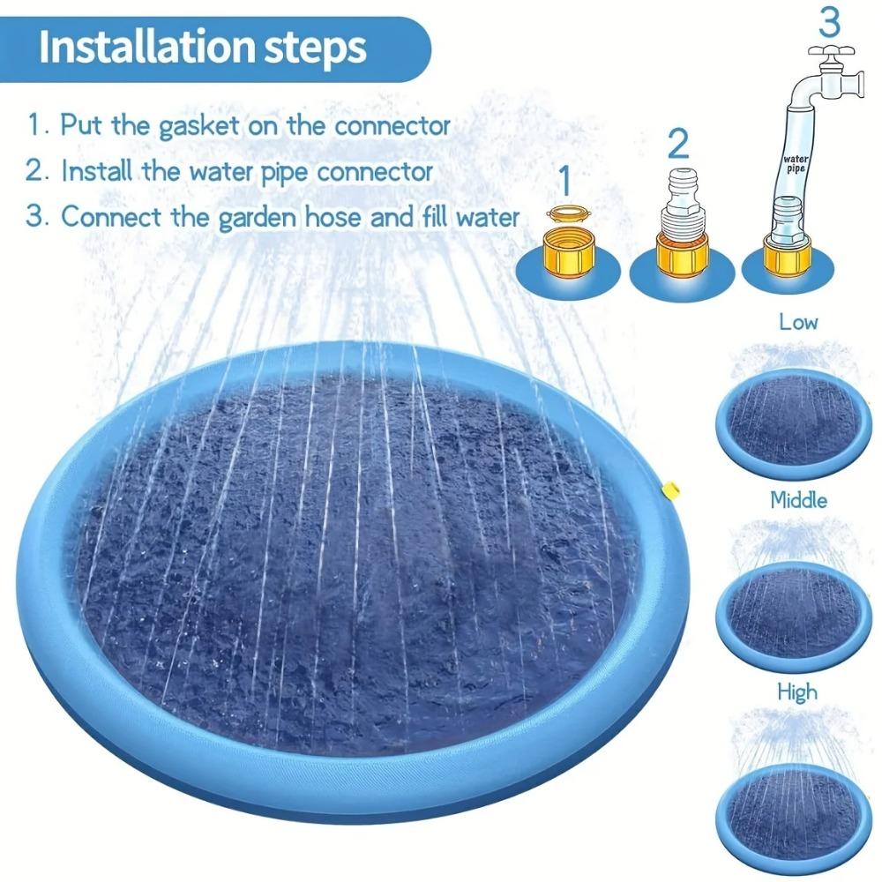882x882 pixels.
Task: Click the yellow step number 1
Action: point(565,182)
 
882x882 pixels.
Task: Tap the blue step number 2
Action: point(677,141)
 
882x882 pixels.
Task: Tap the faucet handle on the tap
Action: point(828,51)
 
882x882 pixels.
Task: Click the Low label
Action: point(797,322)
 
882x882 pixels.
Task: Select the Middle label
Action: point(798,501)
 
